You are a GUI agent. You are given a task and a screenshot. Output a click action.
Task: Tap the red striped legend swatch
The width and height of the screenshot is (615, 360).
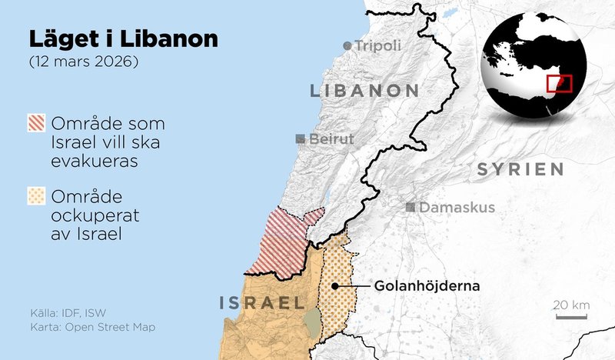[36, 123]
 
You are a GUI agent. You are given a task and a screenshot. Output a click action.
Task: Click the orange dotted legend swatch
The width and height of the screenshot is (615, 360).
[36, 196]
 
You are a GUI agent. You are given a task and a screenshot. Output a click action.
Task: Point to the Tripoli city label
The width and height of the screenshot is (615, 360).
[377, 46]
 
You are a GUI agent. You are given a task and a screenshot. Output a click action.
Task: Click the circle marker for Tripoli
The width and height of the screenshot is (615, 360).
[347, 46]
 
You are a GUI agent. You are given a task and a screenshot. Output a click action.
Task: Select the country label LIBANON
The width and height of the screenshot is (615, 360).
[364, 91]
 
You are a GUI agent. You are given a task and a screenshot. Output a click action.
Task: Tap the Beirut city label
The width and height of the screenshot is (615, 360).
[331, 139]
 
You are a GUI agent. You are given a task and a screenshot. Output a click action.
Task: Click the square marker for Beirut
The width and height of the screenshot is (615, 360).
[301, 139]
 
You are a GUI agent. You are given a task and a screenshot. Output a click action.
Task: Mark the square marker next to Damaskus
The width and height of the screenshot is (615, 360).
[411, 207]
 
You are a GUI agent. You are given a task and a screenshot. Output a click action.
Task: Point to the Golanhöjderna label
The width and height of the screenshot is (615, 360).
[427, 286]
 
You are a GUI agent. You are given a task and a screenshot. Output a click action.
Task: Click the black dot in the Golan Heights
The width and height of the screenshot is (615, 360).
[335, 286]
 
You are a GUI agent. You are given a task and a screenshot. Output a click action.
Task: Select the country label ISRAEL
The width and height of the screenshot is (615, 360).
[261, 302]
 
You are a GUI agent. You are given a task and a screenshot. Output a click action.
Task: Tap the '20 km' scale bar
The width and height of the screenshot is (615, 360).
[571, 311]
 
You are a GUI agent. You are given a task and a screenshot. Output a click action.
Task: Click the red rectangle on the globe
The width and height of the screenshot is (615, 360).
[558, 83]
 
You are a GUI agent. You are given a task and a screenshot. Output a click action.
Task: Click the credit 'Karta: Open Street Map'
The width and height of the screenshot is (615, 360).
[88, 328]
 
